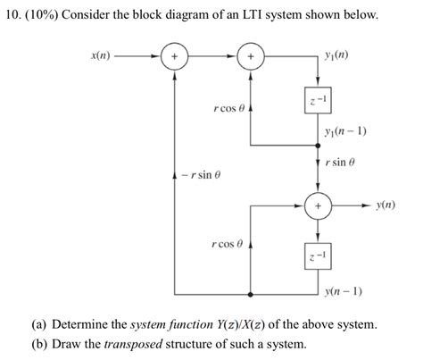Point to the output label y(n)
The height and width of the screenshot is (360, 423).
tap(386, 205)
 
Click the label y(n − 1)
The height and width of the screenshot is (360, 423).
tap(343, 289)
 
